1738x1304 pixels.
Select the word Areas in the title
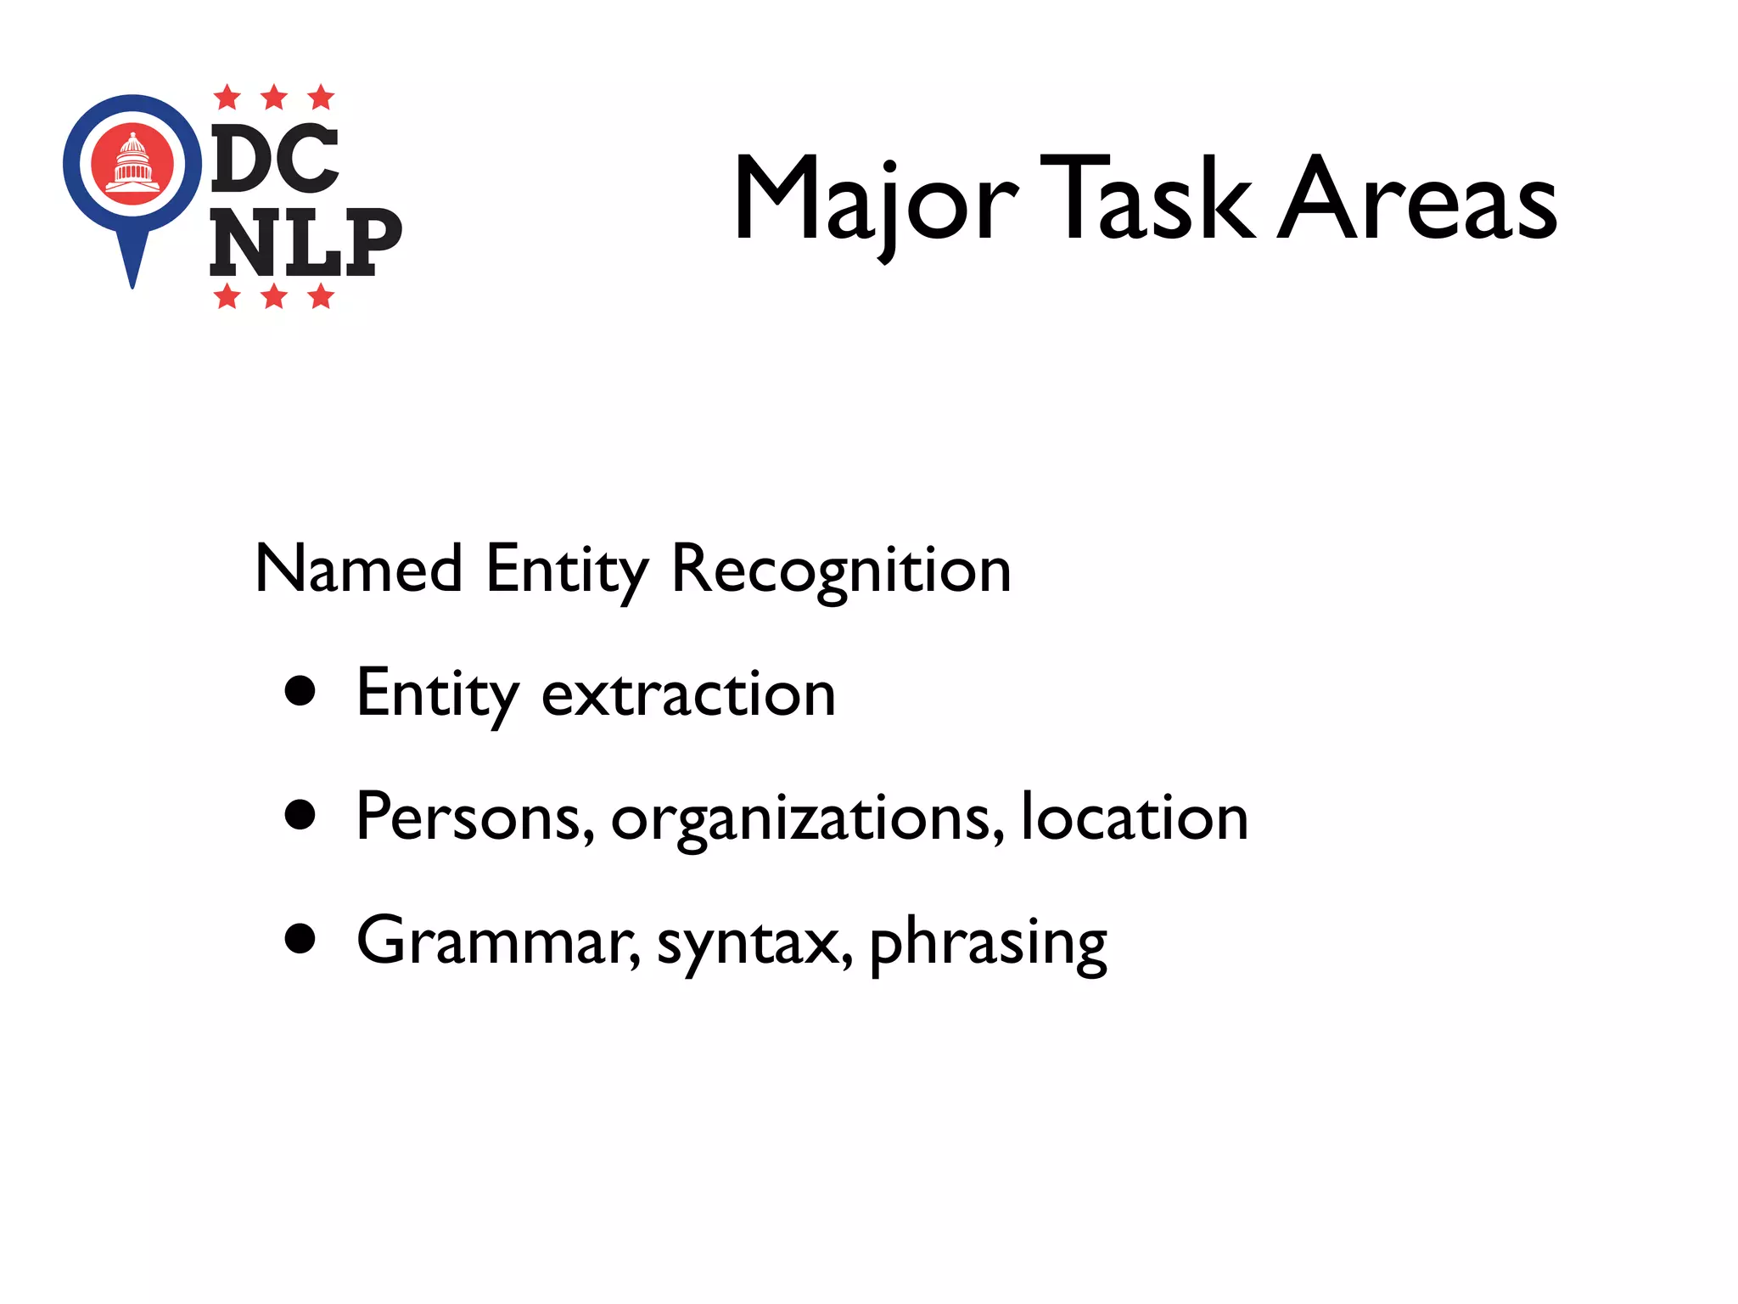(1417, 199)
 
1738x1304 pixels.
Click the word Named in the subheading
(359, 569)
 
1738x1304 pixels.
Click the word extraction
(688, 694)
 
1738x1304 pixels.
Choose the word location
(1134, 817)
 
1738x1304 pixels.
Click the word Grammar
(497, 941)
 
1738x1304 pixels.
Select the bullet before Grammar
(300, 939)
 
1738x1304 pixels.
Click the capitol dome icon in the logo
(132, 162)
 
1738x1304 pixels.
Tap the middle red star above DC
(274, 98)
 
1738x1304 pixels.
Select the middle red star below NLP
(274, 296)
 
